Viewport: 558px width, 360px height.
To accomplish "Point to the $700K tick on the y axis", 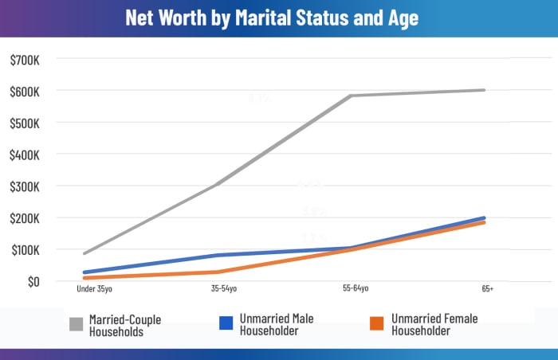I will tap(29, 60).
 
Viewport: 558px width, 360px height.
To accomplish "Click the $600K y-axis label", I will tap(29, 92).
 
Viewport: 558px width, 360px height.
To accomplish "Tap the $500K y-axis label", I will tap(29, 123).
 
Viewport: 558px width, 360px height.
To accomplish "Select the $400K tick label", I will tap(29, 155).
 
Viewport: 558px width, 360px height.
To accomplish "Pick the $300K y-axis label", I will tap(29, 186).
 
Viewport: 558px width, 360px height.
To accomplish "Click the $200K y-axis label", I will tap(29, 218).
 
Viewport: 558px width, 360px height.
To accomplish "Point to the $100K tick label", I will tap(29, 250).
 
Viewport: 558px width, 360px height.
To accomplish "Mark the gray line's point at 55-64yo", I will tap(351, 96).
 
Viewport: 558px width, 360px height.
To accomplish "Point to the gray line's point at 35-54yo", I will tap(218, 185).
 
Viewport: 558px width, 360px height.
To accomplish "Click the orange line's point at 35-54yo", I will tap(218, 272).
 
